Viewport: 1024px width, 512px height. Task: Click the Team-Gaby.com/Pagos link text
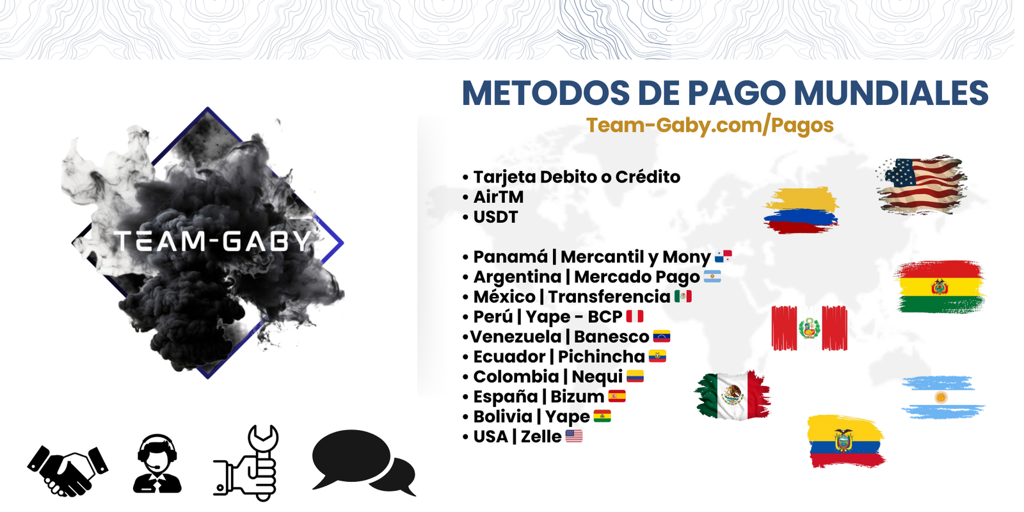coord(710,125)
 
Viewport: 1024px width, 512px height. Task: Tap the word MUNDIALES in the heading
coord(892,93)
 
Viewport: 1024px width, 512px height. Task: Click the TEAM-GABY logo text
coord(213,241)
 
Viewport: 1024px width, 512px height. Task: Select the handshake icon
coord(68,471)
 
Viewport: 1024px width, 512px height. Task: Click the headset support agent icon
coord(157,463)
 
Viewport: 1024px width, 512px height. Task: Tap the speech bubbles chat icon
coord(364,463)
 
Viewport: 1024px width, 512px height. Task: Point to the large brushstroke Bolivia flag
coord(940,287)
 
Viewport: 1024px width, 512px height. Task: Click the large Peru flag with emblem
coord(809,328)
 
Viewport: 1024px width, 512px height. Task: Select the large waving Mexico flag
coord(732,396)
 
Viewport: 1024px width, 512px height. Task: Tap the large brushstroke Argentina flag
coord(943,397)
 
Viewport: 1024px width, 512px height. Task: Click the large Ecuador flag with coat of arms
coord(845,441)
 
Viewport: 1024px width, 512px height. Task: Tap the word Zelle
coord(541,437)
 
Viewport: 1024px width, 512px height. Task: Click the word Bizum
coord(577,397)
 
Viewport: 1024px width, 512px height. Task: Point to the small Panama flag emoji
coord(724,257)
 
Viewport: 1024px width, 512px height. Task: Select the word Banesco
coord(612,337)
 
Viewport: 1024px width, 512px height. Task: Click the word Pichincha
coord(602,357)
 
